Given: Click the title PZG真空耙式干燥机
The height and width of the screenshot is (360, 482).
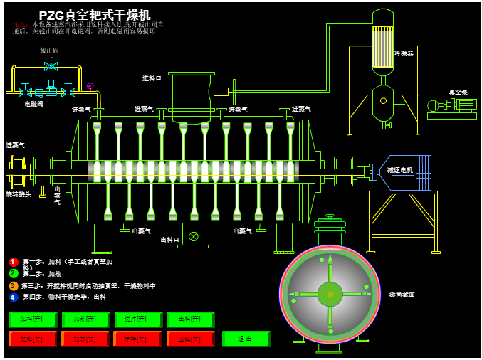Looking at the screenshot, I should [x=95, y=15].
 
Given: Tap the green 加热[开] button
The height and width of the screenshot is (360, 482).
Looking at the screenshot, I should [x=86, y=319].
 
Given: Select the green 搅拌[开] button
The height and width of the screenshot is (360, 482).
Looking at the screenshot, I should [x=138, y=319].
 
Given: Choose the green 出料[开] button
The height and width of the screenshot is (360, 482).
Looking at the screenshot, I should [x=191, y=319].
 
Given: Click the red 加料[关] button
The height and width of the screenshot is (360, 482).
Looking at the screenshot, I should [x=33, y=339].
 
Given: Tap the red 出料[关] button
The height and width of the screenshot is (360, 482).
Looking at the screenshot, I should [x=191, y=339].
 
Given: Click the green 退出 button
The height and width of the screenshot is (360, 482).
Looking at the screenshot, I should [x=246, y=339].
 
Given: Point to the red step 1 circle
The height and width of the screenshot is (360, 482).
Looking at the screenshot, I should [x=14, y=262].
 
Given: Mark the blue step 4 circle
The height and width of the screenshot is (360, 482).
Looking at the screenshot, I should [x=14, y=297].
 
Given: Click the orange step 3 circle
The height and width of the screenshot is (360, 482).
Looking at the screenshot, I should [x=14, y=285].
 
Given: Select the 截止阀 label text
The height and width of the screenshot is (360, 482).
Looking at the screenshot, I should [x=49, y=51].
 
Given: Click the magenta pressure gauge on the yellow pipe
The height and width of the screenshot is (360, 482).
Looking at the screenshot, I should [x=90, y=86].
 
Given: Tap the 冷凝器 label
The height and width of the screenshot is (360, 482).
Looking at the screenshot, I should [x=404, y=53].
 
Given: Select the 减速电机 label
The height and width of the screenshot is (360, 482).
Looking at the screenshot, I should [x=400, y=170].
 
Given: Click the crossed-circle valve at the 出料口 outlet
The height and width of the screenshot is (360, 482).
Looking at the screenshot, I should [x=193, y=236].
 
